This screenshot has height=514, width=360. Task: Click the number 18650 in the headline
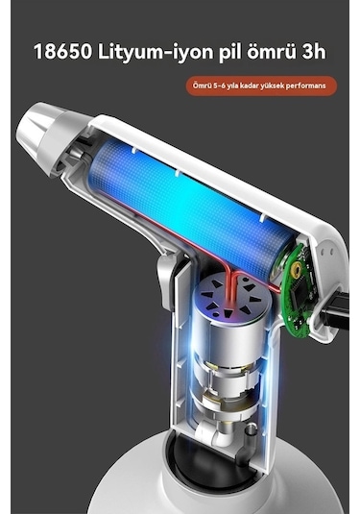(x=62, y=52)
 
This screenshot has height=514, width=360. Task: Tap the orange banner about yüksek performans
(x=261, y=86)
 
